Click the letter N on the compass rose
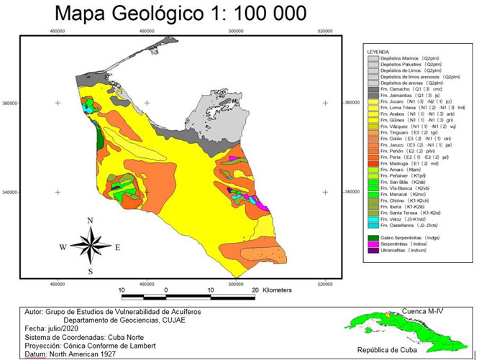coord(90,221)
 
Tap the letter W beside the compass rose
coord(63,247)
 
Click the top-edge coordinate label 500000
coord(237,32)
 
